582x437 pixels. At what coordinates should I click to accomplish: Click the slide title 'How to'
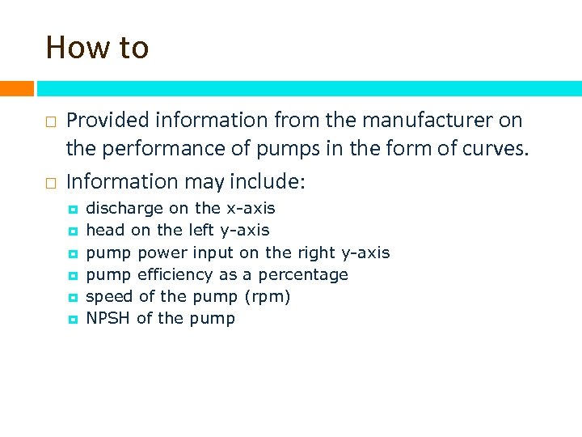[97, 48]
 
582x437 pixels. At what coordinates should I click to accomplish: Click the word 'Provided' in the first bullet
[108, 121]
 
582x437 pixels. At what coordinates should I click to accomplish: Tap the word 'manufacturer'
[430, 121]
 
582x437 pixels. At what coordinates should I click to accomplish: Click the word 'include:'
[268, 182]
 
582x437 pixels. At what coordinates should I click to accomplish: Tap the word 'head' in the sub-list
[105, 231]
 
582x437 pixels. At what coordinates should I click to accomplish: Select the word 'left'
[202, 231]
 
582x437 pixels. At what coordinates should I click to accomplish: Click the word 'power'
[162, 253]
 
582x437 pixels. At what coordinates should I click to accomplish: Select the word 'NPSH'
[108, 318]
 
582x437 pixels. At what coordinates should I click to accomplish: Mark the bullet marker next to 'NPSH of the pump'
[72, 319]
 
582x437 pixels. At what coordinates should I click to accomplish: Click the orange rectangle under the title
[16, 88]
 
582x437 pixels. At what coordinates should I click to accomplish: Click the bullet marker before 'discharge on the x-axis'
[72, 210]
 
